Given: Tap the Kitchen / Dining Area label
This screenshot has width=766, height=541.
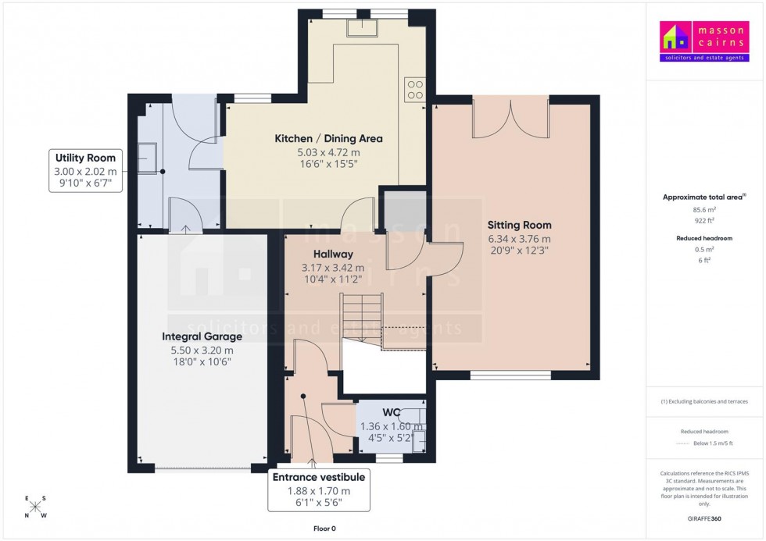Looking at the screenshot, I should (328, 139).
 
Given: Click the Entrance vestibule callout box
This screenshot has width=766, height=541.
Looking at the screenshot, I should (318, 490).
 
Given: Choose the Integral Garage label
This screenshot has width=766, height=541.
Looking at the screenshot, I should (202, 336).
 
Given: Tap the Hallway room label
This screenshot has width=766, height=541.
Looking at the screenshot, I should (333, 254).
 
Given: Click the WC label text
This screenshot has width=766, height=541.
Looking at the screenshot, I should (392, 412).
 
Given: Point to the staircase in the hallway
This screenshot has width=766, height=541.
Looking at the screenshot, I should (360, 320).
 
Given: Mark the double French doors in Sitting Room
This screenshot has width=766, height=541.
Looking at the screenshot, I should (510, 119).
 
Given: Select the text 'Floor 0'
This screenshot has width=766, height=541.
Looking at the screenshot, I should (324, 529).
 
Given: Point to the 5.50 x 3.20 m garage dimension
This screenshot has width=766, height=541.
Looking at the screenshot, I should (202, 351).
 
